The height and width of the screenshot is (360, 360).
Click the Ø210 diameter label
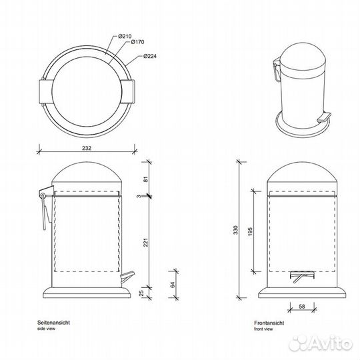point(125,36)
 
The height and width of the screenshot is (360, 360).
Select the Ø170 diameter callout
point(137,42)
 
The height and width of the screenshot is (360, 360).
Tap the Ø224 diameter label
point(150,56)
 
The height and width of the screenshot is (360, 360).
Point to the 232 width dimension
point(87,148)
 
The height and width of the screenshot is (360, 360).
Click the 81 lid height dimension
point(146,179)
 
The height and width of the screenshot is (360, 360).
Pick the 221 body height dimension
point(146,243)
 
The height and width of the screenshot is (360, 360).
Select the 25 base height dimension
point(141,293)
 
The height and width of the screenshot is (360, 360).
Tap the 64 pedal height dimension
point(173,285)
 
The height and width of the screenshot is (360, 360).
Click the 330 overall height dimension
point(236,230)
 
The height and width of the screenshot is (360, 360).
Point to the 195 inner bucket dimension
point(250,231)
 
